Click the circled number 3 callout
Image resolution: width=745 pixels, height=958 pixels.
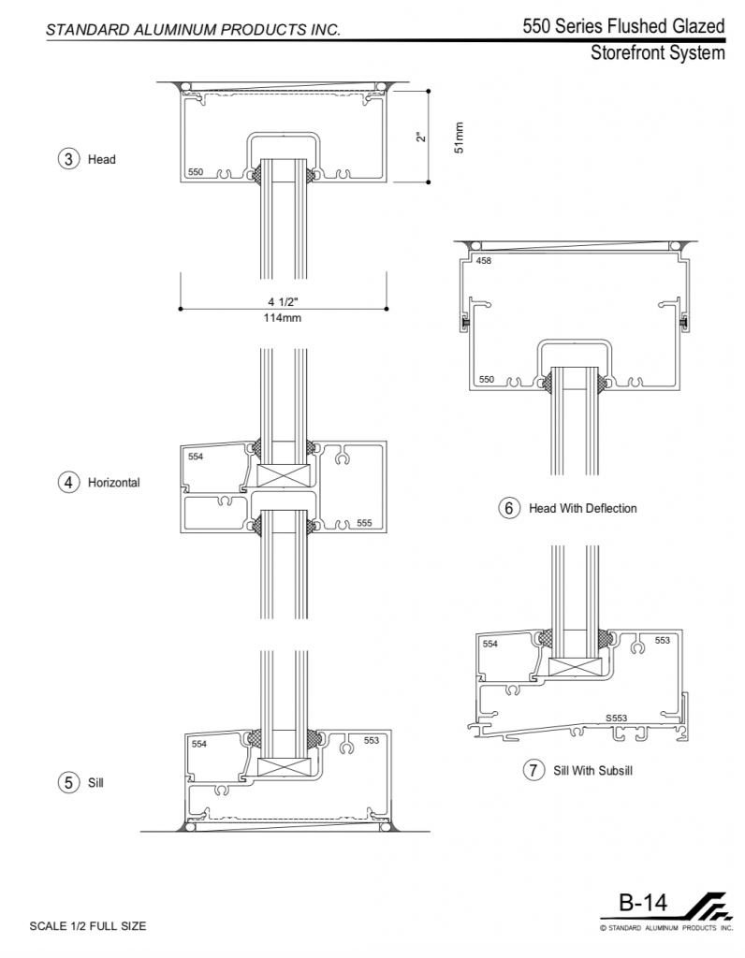click(x=68, y=159)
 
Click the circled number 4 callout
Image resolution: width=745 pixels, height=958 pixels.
click(x=68, y=483)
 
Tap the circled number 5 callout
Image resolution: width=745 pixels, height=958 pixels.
click(x=68, y=782)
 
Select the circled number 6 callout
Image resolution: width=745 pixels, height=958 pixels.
click(x=509, y=508)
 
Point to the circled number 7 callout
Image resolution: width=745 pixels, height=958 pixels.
click(x=533, y=771)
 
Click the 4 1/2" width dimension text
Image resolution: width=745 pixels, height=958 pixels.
click(x=283, y=301)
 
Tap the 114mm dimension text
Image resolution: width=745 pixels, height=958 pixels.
click(x=283, y=318)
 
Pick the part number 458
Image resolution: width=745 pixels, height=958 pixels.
click(x=484, y=261)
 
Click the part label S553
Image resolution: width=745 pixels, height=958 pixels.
click(x=616, y=718)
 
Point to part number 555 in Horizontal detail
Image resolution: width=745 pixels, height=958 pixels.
click(x=365, y=523)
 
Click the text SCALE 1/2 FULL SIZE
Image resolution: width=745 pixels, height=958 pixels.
click(x=88, y=926)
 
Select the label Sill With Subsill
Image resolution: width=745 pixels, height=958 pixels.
click(x=593, y=771)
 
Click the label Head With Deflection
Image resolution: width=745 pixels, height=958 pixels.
click(x=582, y=508)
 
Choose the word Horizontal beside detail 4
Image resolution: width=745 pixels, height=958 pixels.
click(x=113, y=483)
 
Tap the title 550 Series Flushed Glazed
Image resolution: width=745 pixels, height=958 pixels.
click(x=624, y=26)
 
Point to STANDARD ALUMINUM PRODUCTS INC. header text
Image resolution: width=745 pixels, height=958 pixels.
click(x=193, y=30)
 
